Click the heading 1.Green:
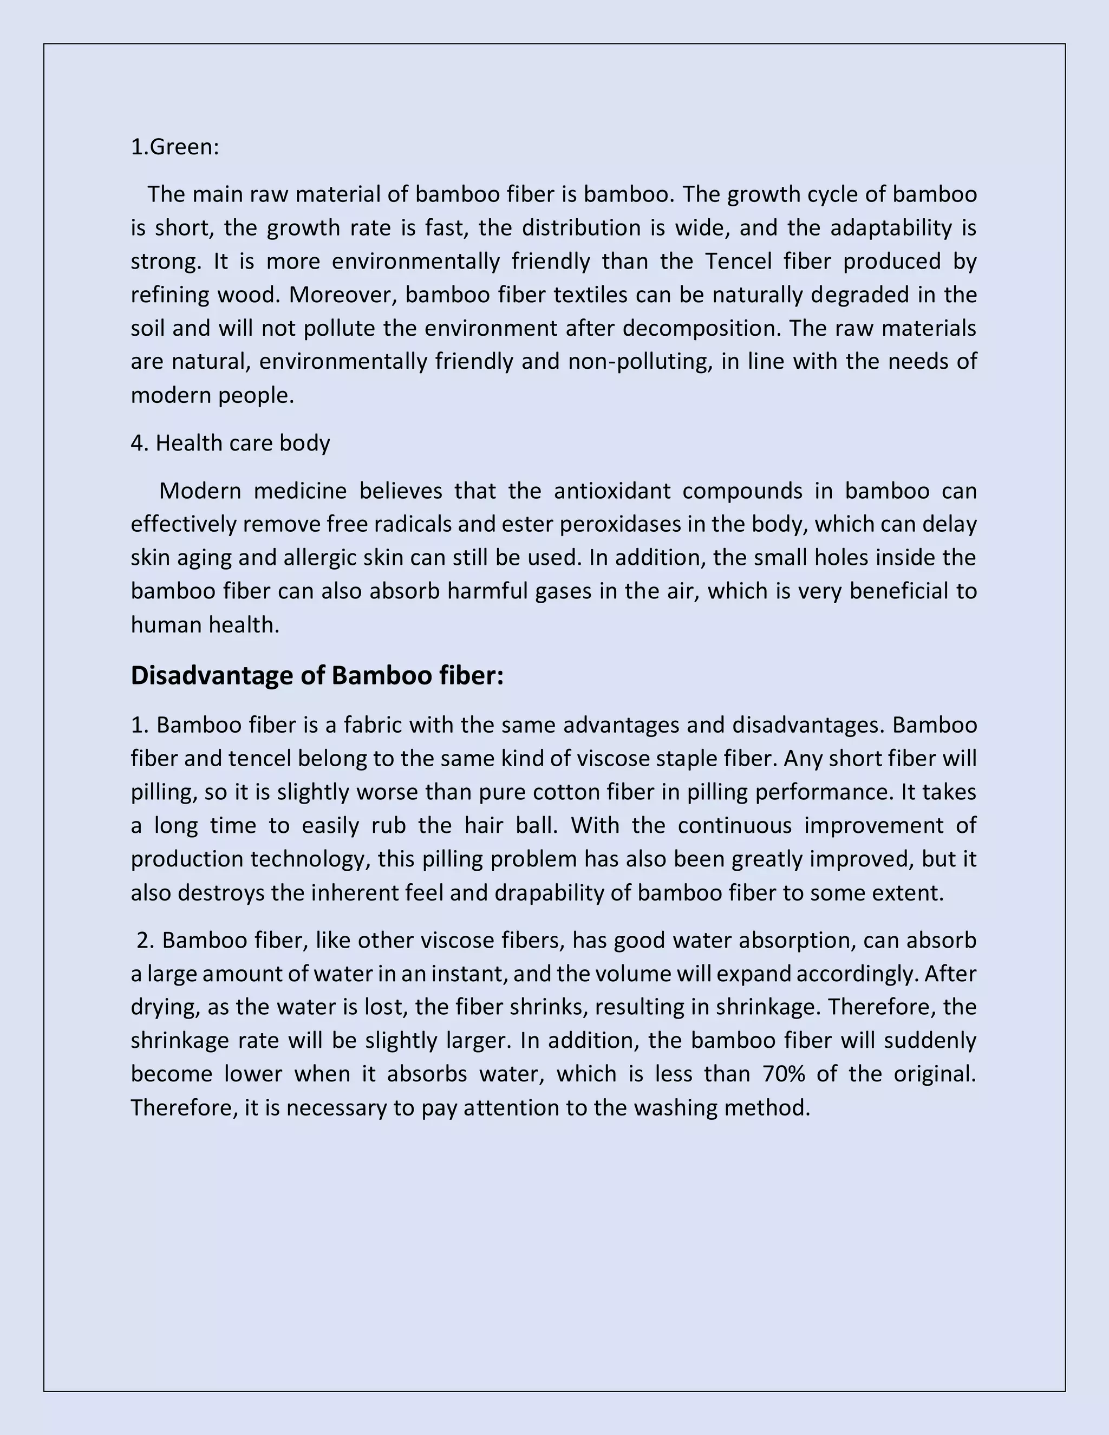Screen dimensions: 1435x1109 click(x=175, y=147)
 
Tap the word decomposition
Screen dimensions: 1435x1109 click(x=702, y=328)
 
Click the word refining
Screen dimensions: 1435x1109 click(x=170, y=295)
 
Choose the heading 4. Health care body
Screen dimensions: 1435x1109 click(x=230, y=443)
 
